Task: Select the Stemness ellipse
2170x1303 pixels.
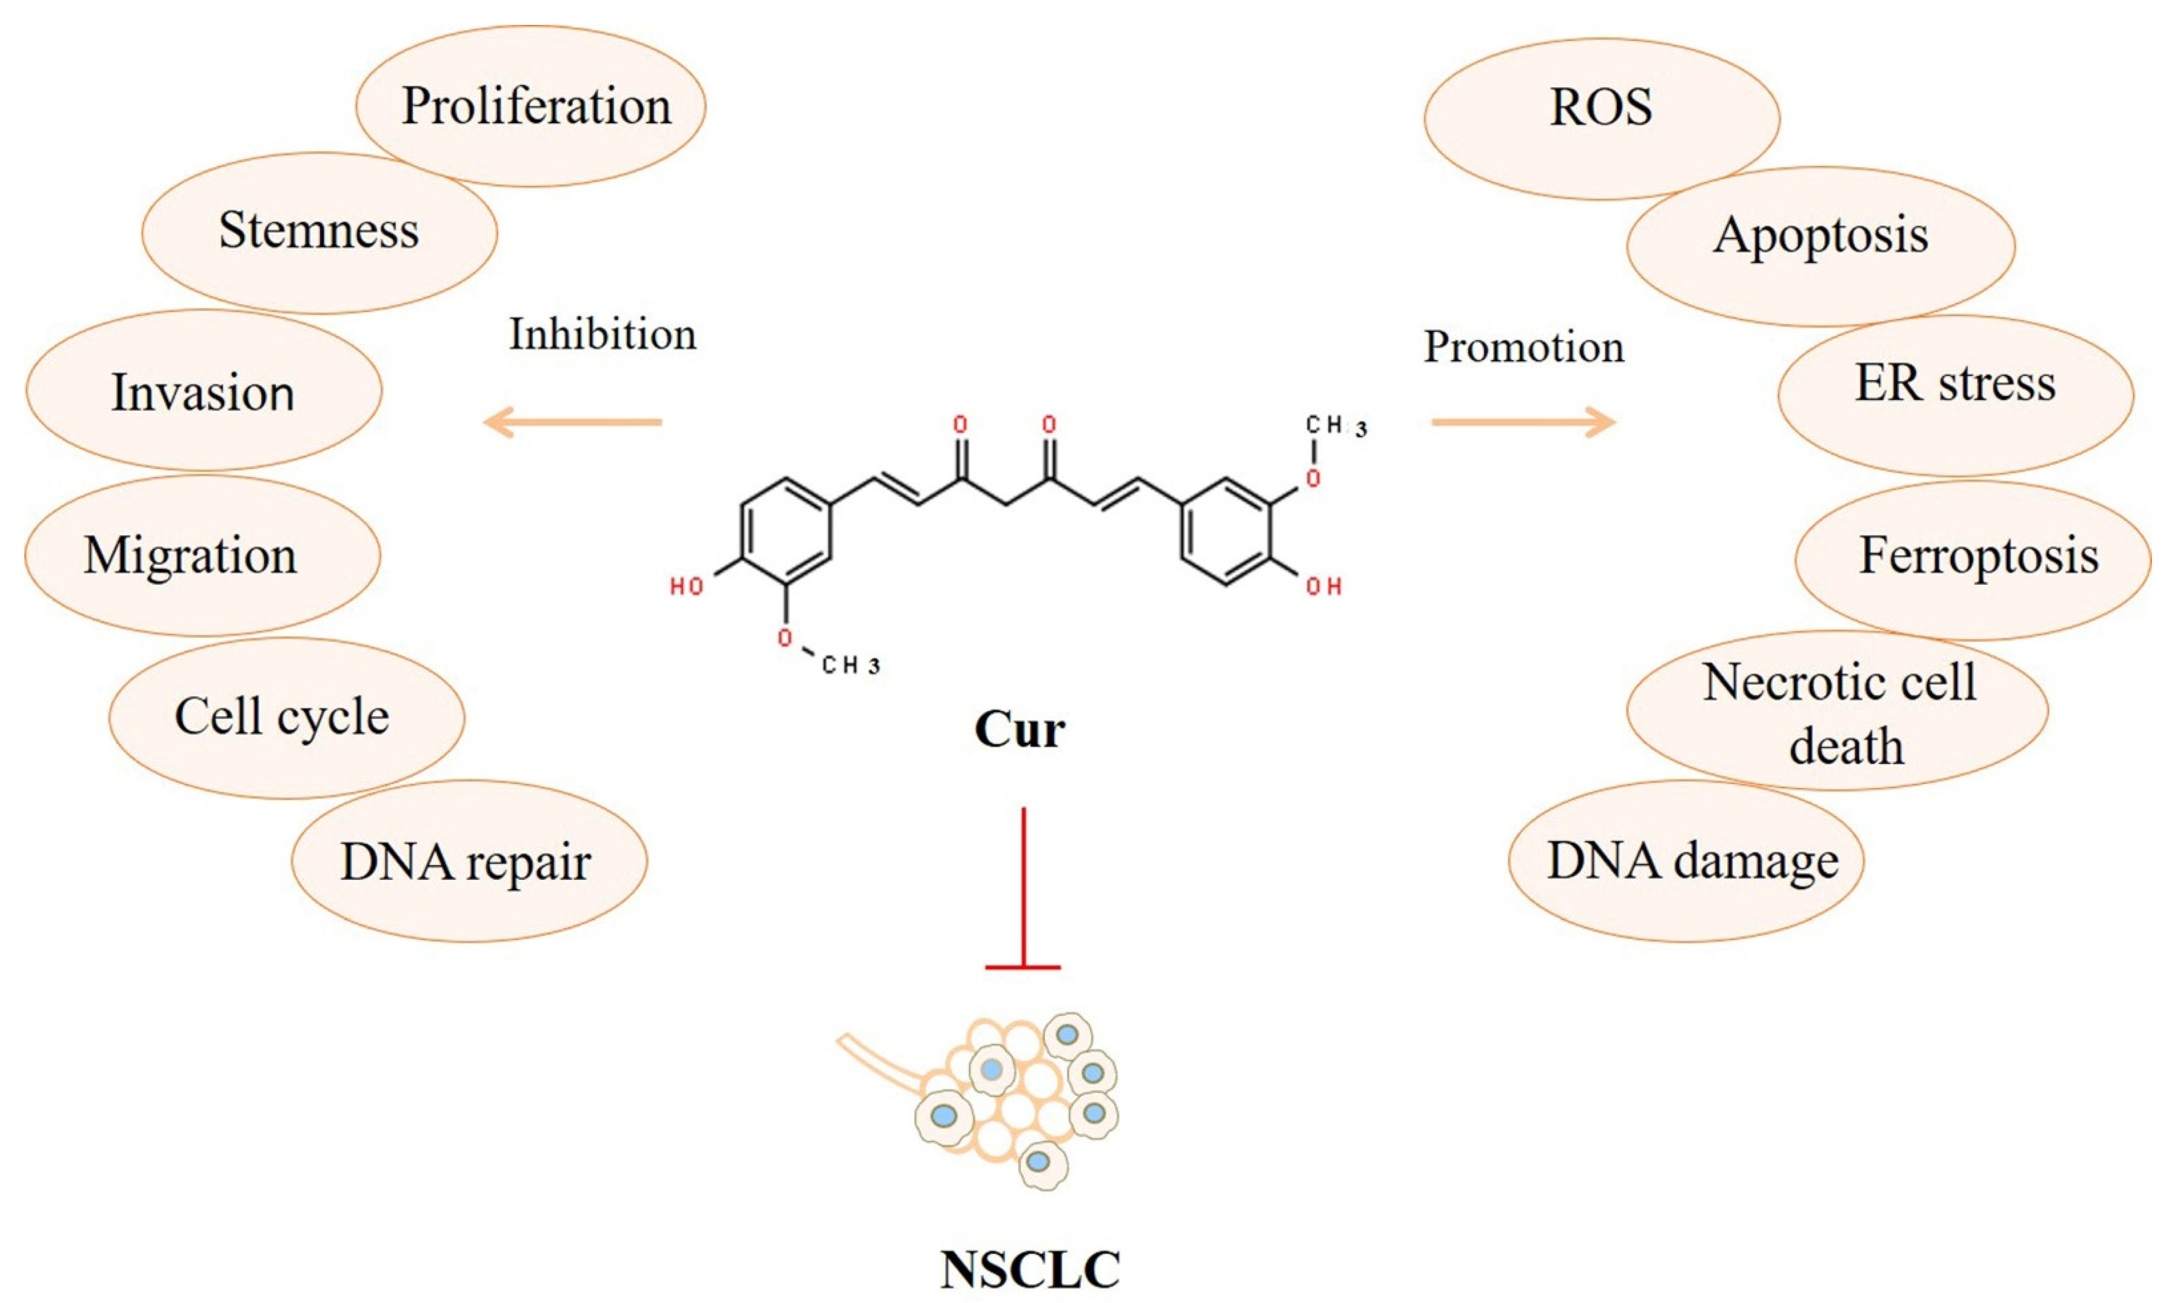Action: pos(319,232)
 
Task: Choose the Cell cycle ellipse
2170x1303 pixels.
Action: pos(286,717)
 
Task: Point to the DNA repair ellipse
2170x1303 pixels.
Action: pos(469,861)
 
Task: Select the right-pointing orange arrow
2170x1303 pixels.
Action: pos(1523,422)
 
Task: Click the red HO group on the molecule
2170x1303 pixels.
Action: pos(688,586)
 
